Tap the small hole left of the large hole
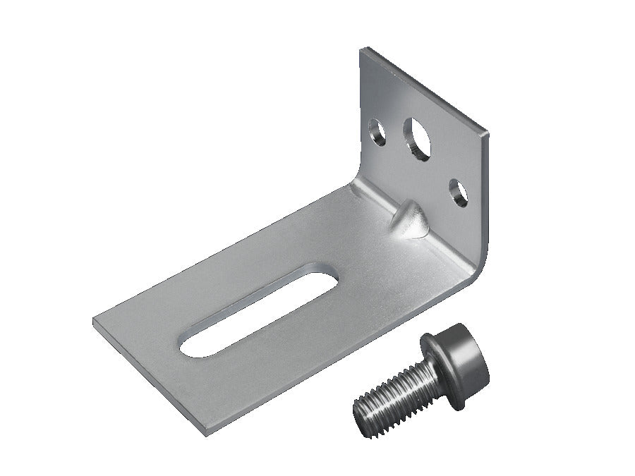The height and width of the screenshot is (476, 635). click(377, 132)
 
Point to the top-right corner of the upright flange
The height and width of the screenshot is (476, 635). click(486, 133)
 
